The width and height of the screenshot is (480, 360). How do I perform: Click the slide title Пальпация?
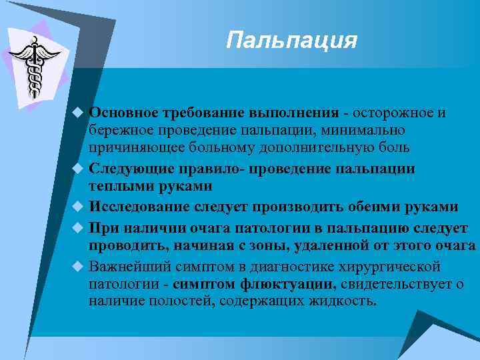[291, 41]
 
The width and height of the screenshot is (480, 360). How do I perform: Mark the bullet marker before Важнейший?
[77, 267]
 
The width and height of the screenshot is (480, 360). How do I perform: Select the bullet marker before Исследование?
[77, 207]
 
